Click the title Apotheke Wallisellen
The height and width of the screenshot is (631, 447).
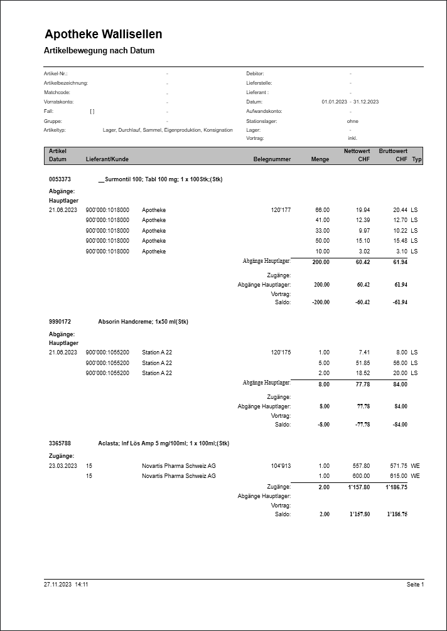pyautogui.click(x=104, y=34)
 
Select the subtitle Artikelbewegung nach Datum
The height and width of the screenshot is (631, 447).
pyautogui.click(x=99, y=51)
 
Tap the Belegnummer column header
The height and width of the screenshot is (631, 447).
pyautogui.click(x=272, y=159)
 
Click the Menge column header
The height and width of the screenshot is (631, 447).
pyautogui.click(x=320, y=159)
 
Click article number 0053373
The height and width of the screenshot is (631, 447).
pyautogui.click(x=60, y=179)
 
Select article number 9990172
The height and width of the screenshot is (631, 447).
pyautogui.click(x=60, y=322)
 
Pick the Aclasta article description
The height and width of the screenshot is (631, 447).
pyautogui.click(x=164, y=443)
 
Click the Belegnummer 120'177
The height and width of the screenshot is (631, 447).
pyautogui.click(x=281, y=209)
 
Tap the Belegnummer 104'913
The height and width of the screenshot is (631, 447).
pyautogui.click(x=281, y=466)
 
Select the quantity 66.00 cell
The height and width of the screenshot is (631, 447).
pyautogui.click(x=322, y=209)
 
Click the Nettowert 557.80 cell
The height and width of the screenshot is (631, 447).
pyautogui.click(x=360, y=466)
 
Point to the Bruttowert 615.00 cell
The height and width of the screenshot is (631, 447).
pyautogui.click(x=398, y=476)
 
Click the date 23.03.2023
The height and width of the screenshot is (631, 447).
pyautogui.click(x=63, y=466)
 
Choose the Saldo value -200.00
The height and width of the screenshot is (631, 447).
pyautogui.click(x=320, y=302)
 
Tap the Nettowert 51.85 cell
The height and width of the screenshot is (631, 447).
pyautogui.click(x=362, y=363)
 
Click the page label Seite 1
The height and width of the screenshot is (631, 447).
pyautogui.click(x=415, y=585)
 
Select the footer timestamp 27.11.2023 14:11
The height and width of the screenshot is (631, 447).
pyautogui.click(x=66, y=585)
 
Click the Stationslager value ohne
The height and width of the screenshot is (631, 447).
pyautogui.click(x=352, y=121)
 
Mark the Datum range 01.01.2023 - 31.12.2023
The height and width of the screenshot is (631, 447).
pyautogui.click(x=350, y=102)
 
